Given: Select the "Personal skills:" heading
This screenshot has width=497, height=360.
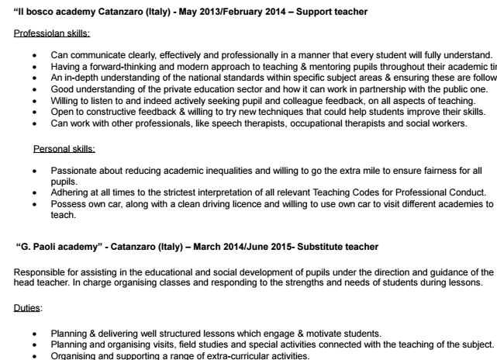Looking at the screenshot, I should coord(63,147).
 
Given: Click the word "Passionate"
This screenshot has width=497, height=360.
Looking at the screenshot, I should coord(75,170).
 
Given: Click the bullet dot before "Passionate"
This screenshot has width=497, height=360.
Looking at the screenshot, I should coord(35,170).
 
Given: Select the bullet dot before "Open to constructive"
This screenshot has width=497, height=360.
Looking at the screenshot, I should coord(35,112).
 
